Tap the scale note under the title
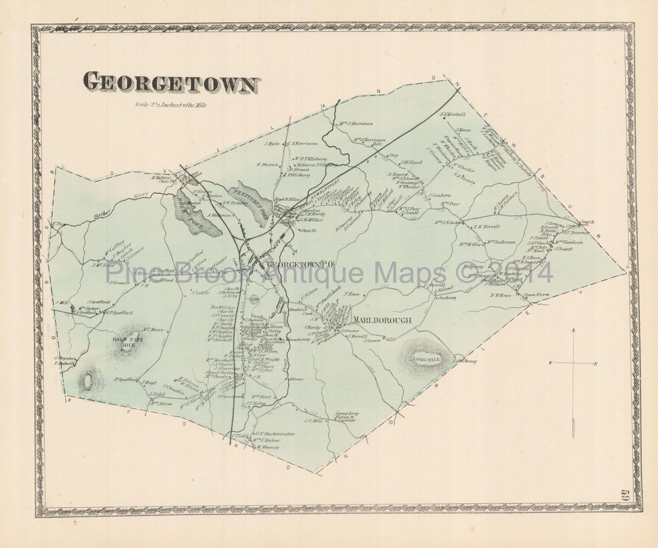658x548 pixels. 170,105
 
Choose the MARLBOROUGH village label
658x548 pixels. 382,320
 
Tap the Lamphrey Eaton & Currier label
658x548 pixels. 344,417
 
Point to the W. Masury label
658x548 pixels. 268,447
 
